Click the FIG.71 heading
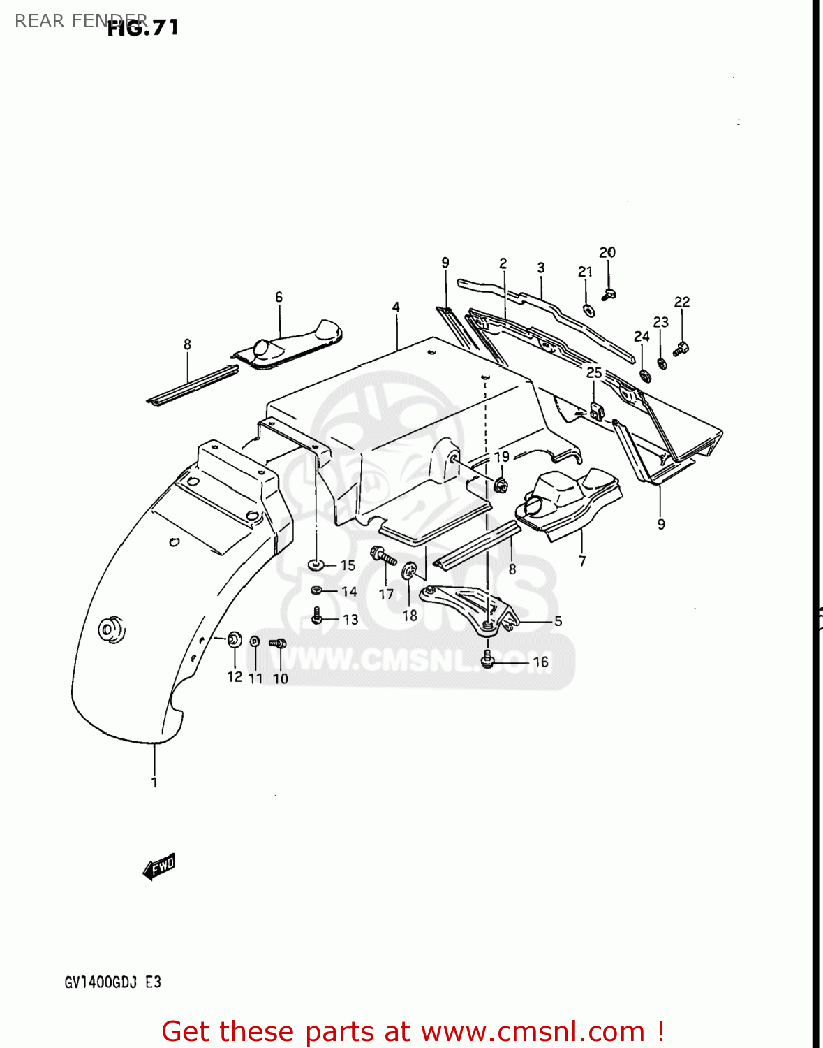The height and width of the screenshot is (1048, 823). tap(143, 27)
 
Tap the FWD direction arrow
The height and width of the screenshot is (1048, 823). tap(159, 867)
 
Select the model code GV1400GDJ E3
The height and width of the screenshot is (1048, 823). tap(113, 982)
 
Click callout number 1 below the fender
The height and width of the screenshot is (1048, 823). tap(154, 783)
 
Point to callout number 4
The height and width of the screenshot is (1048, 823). tap(396, 307)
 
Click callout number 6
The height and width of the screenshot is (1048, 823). tap(279, 297)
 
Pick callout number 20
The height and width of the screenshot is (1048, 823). tap(607, 252)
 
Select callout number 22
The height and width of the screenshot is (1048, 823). tap(682, 302)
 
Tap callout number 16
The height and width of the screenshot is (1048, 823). tap(541, 662)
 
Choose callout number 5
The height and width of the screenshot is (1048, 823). tap(558, 621)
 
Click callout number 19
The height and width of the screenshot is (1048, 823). tap(502, 457)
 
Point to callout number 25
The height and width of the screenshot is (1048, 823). tap(594, 372)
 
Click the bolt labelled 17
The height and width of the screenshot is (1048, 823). tap(384, 556)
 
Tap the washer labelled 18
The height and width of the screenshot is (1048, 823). tap(409, 570)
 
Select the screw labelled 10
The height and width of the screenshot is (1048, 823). tap(278, 643)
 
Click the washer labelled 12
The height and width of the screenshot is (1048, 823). tap(235, 639)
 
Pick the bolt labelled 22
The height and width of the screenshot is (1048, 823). tap(681, 347)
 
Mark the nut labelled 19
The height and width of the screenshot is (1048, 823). tap(500, 484)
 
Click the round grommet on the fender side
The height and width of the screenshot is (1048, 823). tap(110, 628)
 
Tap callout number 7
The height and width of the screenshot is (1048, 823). tap(582, 560)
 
